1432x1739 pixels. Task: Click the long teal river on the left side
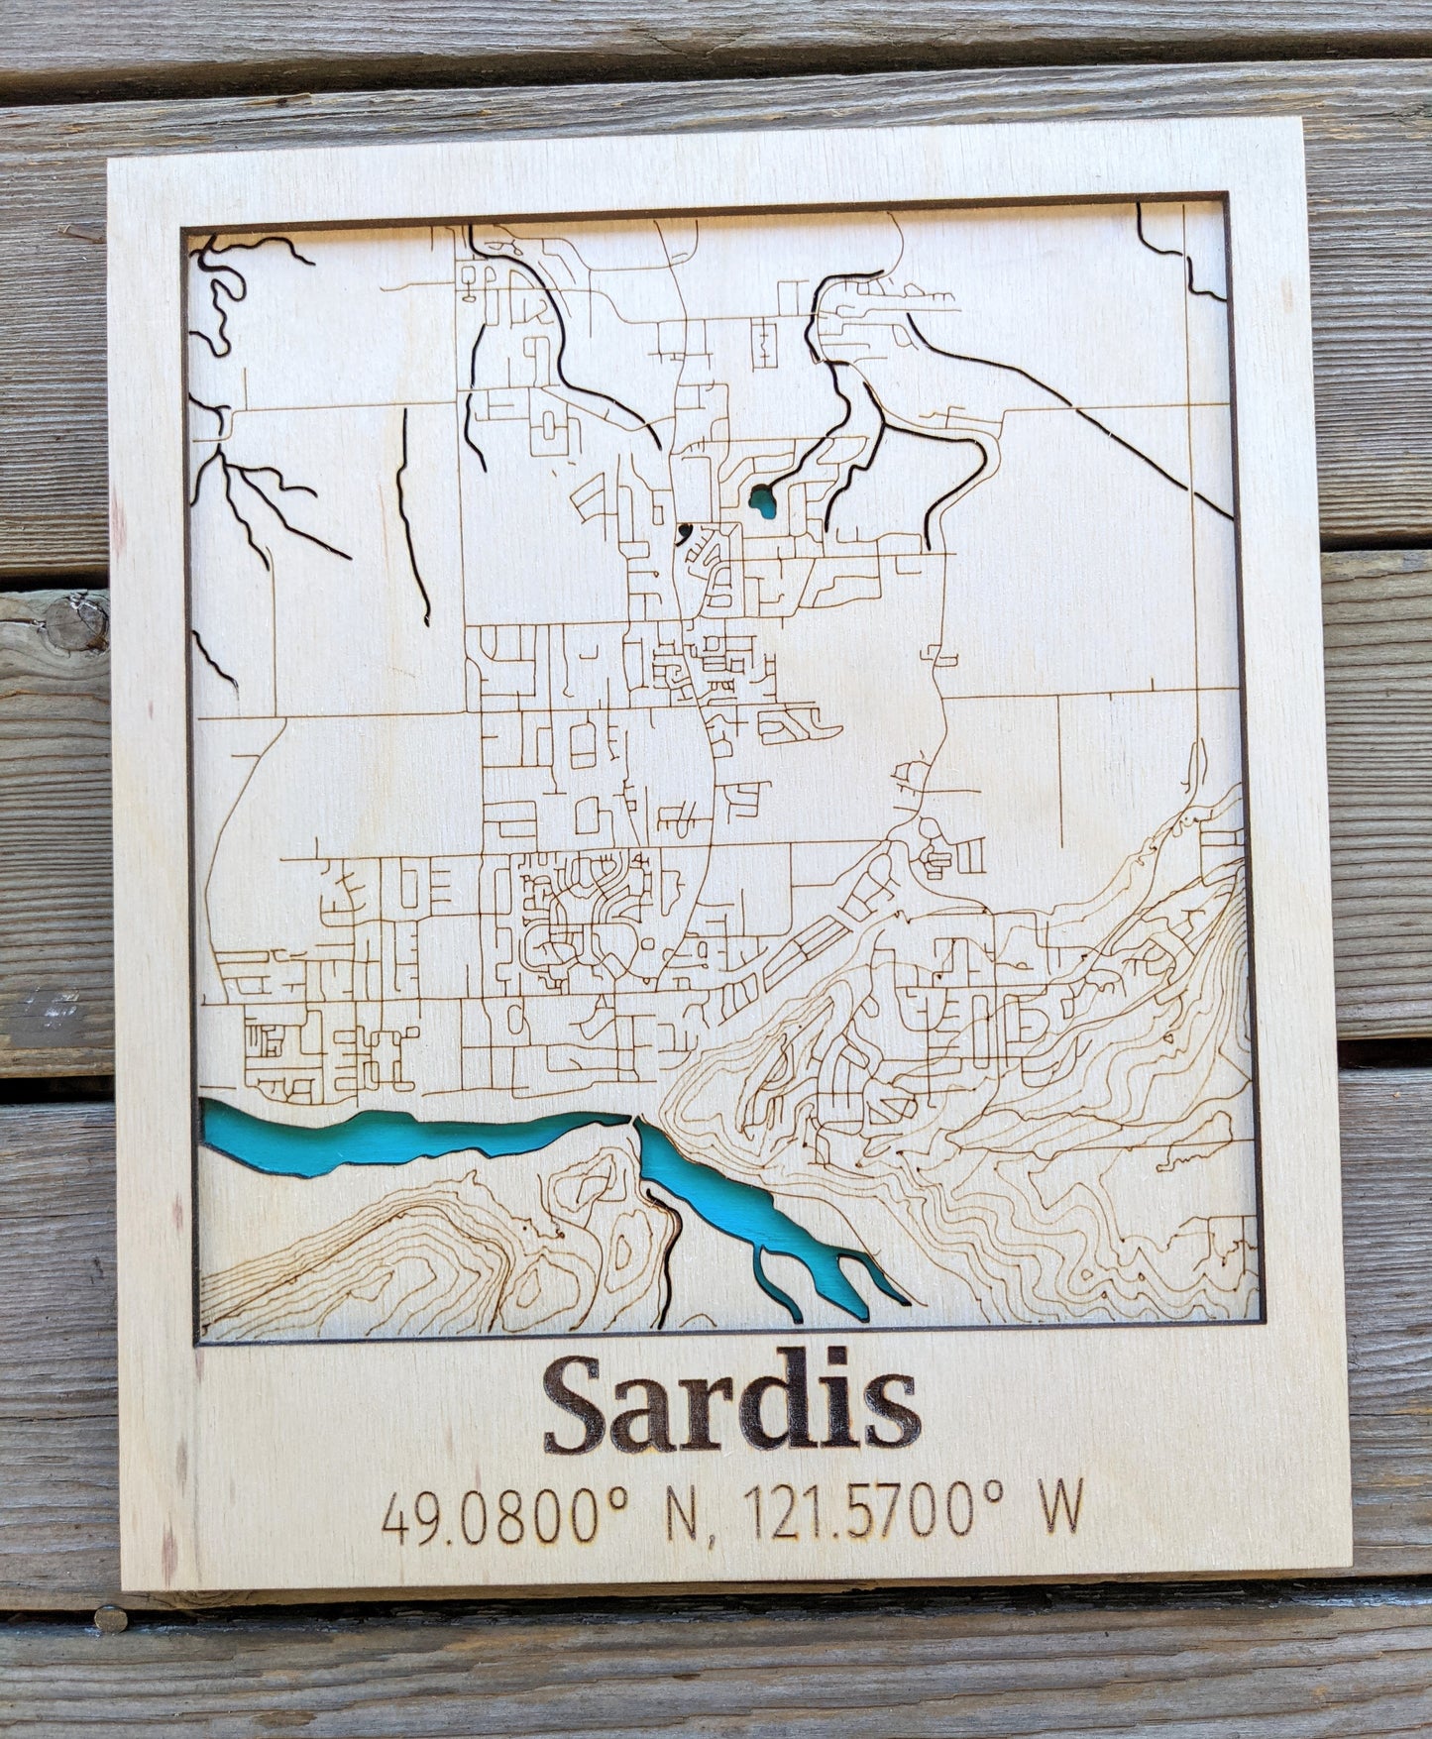[396, 1135]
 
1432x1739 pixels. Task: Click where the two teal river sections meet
[631, 1120]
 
